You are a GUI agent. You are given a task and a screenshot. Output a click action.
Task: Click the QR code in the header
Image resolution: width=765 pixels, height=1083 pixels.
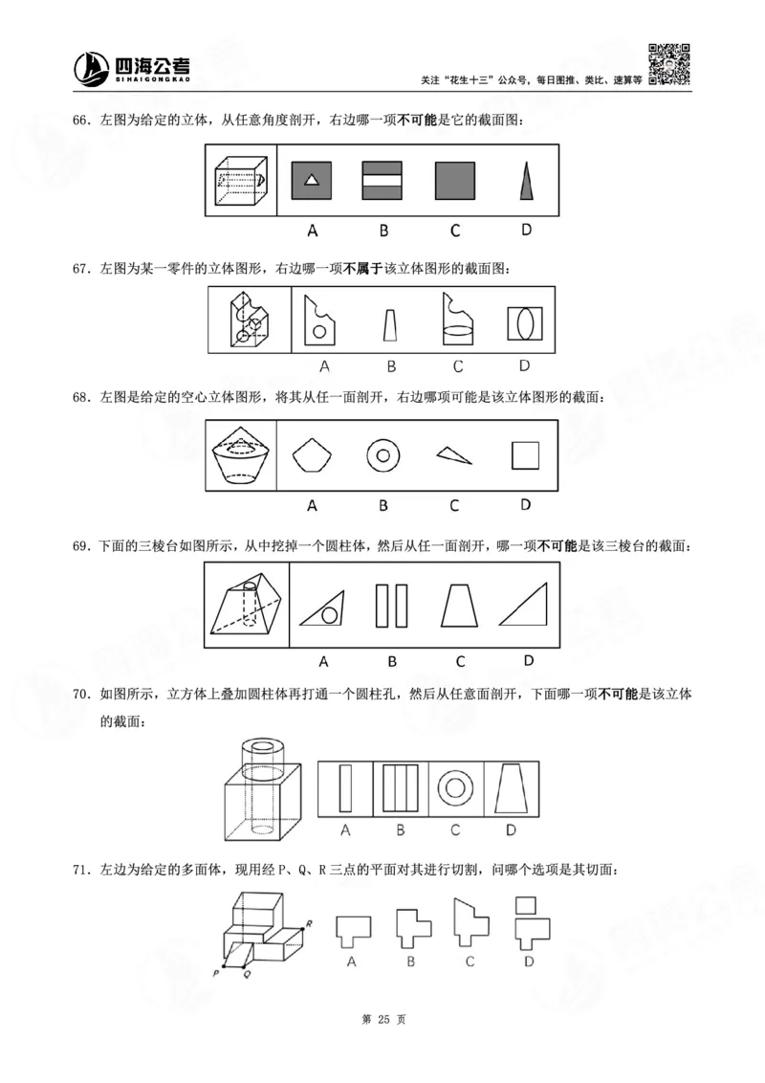(670, 64)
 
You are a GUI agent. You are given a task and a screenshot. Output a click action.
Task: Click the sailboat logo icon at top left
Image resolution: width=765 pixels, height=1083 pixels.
(91, 67)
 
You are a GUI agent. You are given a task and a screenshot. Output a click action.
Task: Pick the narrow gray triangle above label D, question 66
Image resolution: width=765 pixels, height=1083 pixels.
(525, 180)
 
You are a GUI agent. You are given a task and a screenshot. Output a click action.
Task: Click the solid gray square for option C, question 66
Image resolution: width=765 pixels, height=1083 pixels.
(454, 180)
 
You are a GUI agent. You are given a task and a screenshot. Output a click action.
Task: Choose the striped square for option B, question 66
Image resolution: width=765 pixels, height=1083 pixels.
(382, 180)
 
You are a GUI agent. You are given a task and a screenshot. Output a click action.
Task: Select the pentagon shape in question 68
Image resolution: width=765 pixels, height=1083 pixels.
(312, 455)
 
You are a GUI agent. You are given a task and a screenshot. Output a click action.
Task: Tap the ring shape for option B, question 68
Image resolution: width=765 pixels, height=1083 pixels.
(382, 455)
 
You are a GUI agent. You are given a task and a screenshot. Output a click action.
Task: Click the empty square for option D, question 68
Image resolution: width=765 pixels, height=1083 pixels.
(525, 455)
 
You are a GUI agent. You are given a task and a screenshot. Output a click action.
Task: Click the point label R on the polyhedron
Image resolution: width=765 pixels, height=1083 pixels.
(308, 923)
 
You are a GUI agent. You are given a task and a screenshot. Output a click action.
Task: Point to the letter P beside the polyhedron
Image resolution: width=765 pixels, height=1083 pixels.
(216, 972)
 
